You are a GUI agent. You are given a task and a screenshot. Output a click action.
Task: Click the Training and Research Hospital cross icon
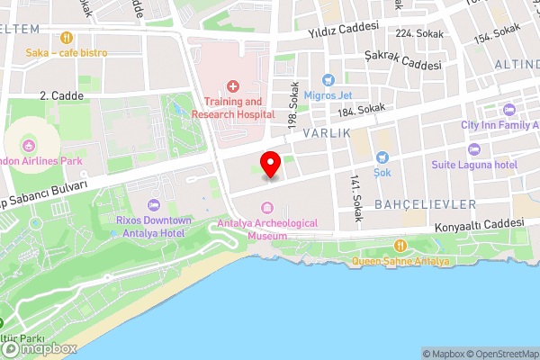[x=232, y=86]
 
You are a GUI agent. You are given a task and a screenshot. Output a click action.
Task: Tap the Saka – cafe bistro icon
[x=66, y=38]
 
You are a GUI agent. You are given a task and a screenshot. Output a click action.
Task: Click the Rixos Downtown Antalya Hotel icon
[x=153, y=205]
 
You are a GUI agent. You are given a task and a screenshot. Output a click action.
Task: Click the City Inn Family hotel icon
[x=508, y=111]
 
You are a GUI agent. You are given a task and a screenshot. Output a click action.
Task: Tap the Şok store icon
[x=382, y=157]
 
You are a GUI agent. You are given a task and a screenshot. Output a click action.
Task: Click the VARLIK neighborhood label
[x=325, y=132]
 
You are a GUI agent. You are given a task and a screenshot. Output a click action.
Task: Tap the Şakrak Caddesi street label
[x=403, y=59]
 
